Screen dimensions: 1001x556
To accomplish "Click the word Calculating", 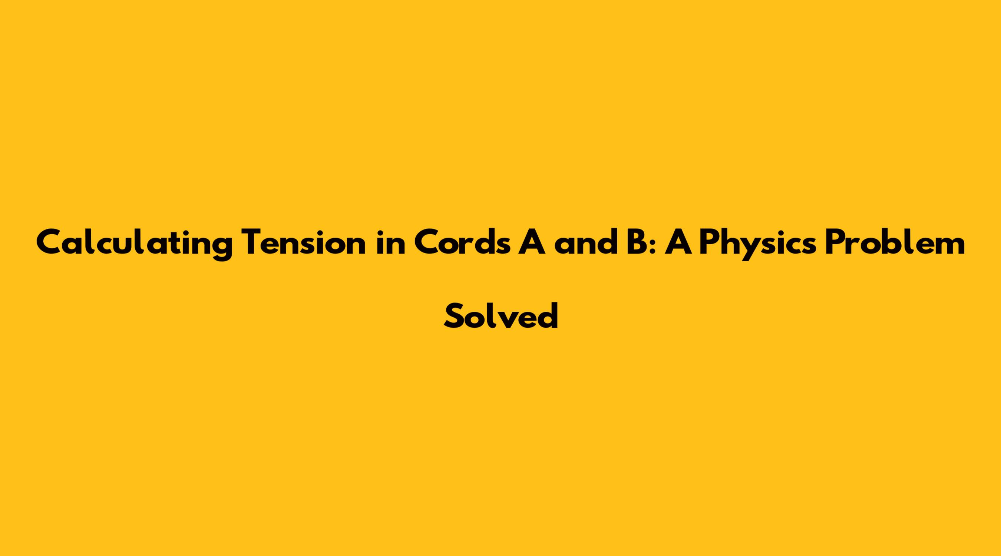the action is pyautogui.click(x=135, y=243).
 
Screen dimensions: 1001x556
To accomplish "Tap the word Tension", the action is pyautogui.click(x=304, y=242).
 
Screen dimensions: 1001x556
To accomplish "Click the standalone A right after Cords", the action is pyautogui.click(x=532, y=242).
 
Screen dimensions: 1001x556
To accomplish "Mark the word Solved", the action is pyautogui.click(x=501, y=315).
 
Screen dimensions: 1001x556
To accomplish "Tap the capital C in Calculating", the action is pyautogui.click(x=49, y=242).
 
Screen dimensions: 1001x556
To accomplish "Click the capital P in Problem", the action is pyautogui.click(x=833, y=242).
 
